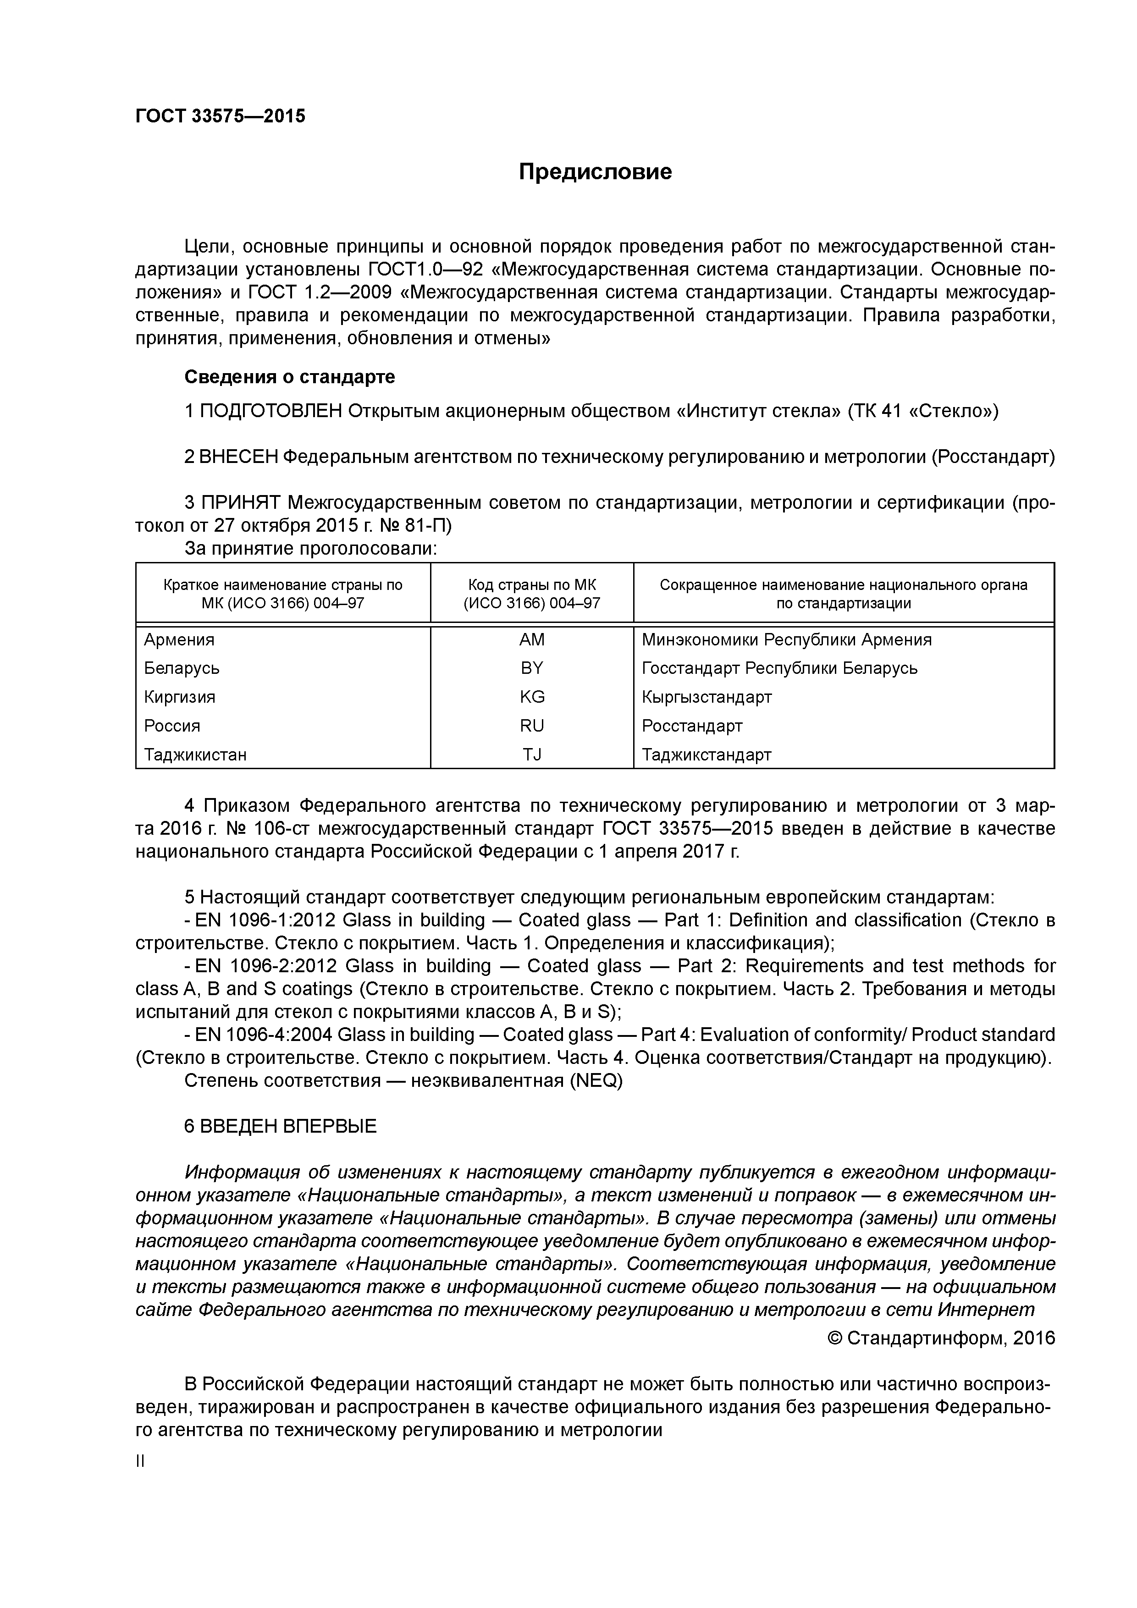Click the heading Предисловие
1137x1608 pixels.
[x=595, y=171]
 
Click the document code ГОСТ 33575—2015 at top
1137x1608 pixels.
[x=220, y=116]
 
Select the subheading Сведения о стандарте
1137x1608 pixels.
[x=289, y=377]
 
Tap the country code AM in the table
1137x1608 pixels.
[x=532, y=639]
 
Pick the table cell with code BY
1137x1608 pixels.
[x=532, y=668]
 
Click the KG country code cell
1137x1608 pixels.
[x=532, y=697]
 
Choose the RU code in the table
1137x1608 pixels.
[x=532, y=726]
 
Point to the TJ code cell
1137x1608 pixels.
[x=532, y=754]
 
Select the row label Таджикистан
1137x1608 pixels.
[x=195, y=754]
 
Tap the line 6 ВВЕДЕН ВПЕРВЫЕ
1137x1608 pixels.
[x=280, y=1126]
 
